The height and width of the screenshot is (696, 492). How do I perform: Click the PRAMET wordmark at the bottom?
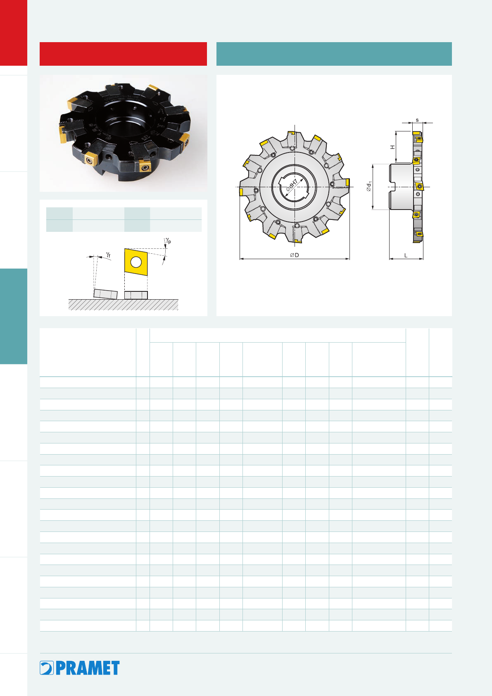tap(88, 668)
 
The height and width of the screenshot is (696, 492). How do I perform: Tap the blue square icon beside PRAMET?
tap(47, 668)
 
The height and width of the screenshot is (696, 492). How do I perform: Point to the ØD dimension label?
tap(295, 255)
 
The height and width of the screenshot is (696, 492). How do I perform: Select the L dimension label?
tap(406, 255)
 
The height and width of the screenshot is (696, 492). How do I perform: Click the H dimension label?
tap(393, 147)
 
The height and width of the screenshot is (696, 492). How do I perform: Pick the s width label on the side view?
tap(417, 120)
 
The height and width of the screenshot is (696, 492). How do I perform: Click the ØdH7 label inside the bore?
tap(291, 186)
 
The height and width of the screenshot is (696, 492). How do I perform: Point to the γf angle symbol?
tap(108, 255)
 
